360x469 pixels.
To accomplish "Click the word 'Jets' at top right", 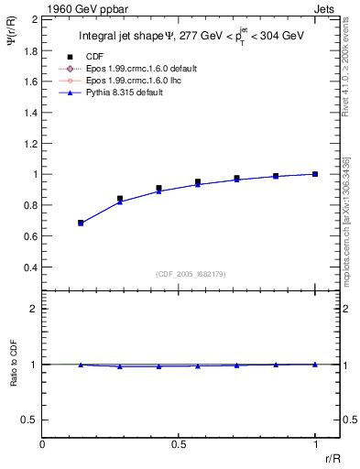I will (x=327, y=8).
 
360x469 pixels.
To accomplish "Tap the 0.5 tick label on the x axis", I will (x=179, y=444).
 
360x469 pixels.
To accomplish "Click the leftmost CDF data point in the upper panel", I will (x=81, y=223).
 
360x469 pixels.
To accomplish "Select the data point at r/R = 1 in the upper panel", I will (x=315, y=174).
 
